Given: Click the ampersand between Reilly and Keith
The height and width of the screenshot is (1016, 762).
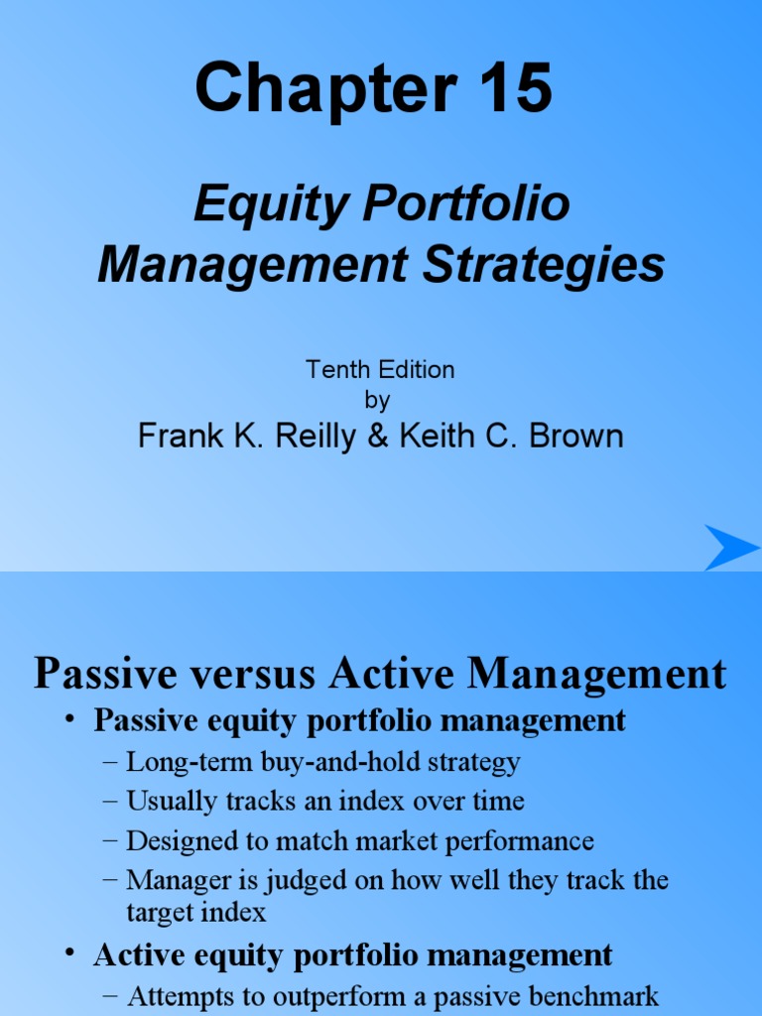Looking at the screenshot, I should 378,437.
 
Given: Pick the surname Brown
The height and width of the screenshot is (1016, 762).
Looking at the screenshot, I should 578,437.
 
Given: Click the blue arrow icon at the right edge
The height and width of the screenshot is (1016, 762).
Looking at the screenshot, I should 732,548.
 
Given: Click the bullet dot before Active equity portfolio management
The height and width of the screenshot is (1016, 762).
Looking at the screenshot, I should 70,953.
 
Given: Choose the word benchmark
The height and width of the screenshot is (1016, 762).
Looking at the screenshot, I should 594,995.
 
